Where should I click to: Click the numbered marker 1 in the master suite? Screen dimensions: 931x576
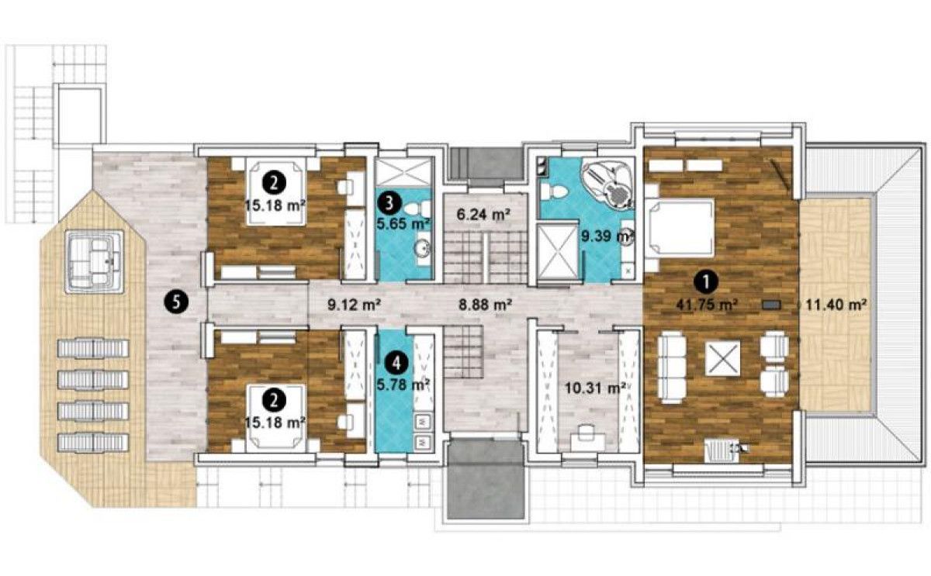(706, 282)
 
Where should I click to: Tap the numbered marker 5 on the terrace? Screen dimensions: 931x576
(176, 302)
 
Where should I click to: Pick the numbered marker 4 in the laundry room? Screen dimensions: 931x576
(397, 364)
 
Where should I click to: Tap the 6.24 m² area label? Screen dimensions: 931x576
(483, 215)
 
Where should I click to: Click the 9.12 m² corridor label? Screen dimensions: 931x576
(354, 305)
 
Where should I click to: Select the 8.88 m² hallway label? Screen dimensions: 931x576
(485, 305)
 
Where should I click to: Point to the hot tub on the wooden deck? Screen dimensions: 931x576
(95, 262)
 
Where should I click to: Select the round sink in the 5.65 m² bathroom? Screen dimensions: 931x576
(423, 249)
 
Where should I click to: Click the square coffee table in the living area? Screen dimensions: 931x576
(723, 358)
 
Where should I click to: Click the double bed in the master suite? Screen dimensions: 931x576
(680, 227)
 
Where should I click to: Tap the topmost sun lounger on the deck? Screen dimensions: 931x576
(93, 348)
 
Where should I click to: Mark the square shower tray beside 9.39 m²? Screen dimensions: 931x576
(557, 252)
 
